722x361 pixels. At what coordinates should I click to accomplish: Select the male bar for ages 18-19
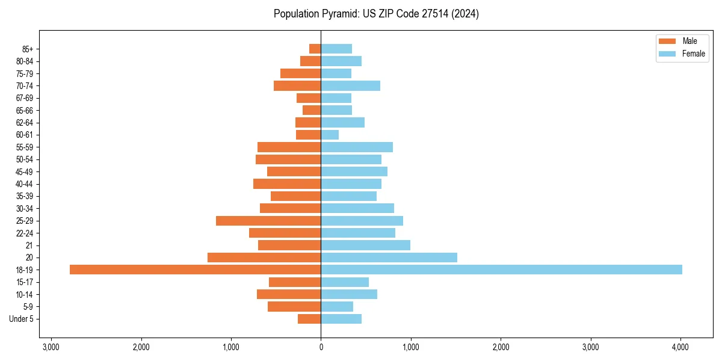[195, 270]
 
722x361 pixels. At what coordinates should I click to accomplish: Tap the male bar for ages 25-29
[268, 221]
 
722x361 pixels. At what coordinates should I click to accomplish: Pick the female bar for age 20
[389, 258]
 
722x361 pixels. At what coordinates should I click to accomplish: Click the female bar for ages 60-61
[330, 135]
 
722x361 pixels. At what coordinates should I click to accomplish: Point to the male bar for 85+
[315, 49]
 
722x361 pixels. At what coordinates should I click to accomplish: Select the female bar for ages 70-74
[350, 85]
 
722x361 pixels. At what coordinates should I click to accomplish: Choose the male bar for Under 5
[309, 319]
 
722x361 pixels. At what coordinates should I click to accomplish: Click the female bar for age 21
[365, 245]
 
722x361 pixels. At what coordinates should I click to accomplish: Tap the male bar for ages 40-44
[287, 184]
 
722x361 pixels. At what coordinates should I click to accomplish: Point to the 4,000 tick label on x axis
[680, 347]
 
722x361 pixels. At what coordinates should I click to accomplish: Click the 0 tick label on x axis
[321, 347]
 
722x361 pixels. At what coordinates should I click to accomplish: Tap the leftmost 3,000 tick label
[51, 347]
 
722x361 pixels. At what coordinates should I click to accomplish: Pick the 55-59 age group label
[25, 147]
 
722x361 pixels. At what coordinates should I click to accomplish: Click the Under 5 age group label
[22, 319]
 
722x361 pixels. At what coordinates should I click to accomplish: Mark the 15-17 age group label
[25, 282]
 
